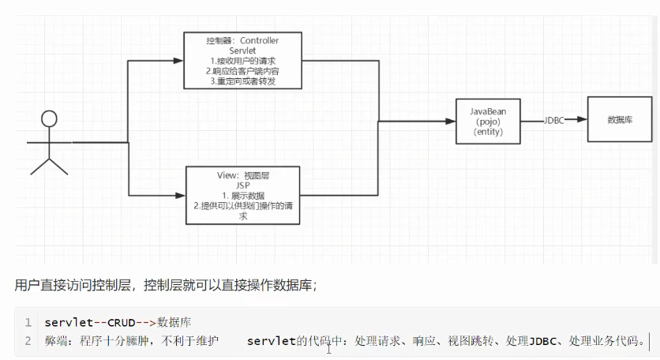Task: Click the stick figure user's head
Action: point(50,119)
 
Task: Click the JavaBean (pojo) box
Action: point(489,121)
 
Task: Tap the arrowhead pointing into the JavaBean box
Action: point(452,121)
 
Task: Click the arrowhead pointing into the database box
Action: point(583,120)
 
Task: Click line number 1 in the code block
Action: point(28,323)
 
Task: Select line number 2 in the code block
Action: point(28,341)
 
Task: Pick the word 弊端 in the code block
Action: point(58,341)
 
